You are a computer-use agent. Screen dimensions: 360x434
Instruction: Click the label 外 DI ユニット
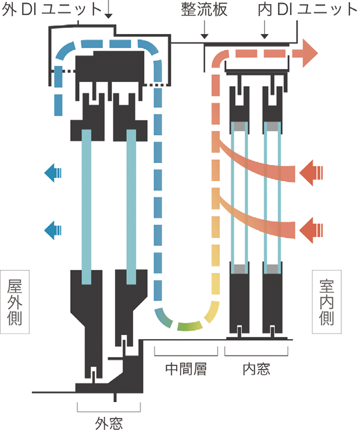52,9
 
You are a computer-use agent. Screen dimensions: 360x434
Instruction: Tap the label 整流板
204,9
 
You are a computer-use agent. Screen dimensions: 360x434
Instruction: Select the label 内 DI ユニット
308,9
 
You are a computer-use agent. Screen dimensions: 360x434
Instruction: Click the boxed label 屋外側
15,302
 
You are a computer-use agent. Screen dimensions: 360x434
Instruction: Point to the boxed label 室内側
327,302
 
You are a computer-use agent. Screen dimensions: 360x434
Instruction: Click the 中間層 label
186,369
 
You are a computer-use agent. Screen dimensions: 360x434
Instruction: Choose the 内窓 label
256,369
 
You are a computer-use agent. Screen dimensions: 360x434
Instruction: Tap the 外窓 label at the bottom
109,423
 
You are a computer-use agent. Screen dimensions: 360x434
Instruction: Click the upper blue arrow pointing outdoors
53,173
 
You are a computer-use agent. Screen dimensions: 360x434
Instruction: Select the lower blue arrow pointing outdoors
53,230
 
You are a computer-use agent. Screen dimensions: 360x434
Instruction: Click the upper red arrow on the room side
311,173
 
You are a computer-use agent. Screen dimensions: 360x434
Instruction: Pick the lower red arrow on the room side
311,230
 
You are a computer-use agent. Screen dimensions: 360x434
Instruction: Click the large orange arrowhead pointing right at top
310,53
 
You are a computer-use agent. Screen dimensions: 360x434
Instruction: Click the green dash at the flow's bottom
189,326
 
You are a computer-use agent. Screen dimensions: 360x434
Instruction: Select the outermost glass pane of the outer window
86,207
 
